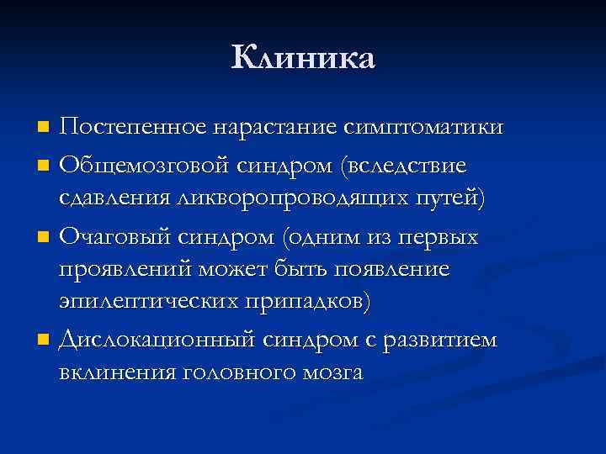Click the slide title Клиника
point(303,58)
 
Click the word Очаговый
point(119,237)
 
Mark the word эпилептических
point(148,303)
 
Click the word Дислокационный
point(157,340)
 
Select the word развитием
point(441,340)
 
